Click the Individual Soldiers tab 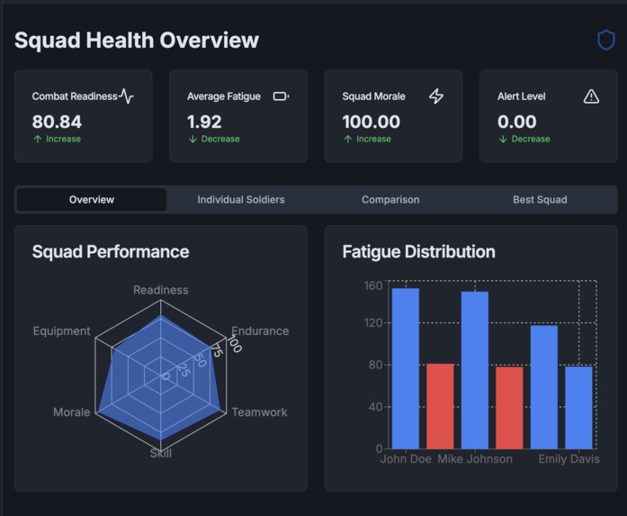(x=241, y=199)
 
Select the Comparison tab (x=390, y=199)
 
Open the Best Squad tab (x=540, y=199)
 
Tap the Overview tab (x=92, y=199)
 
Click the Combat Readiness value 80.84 (x=57, y=122)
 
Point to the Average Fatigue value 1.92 (x=204, y=122)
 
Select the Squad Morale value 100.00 (x=371, y=122)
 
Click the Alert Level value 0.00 (x=516, y=122)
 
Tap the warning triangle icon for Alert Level (x=591, y=96)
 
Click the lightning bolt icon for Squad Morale (x=436, y=96)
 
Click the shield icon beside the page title (x=606, y=40)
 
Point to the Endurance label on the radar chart (x=260, y=330)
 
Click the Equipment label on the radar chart (x=61, y=330)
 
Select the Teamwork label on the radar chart (x=259, y=412)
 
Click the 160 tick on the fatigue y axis (x=373, y=285)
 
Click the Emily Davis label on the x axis (x=569, y=459)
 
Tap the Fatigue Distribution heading (x=418, y=251)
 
